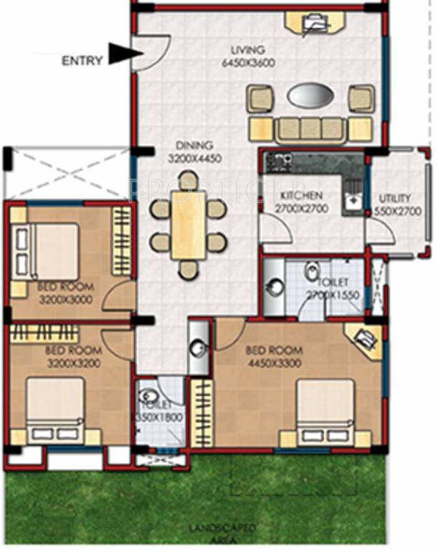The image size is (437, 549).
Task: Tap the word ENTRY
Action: coord(79,61)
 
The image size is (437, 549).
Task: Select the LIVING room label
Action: coord(247,50)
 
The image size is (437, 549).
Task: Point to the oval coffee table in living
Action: coord(310,95)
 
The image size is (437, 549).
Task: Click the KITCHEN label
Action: coord(301,195)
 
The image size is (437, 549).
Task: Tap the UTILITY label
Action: coord(395,198)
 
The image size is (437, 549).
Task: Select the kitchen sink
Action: coord(351,199)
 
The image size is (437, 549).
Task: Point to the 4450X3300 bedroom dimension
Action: coord(274,362)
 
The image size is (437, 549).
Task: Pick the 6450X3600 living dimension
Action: coord(248,62)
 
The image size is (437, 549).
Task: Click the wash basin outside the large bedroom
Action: coord(197,347)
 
